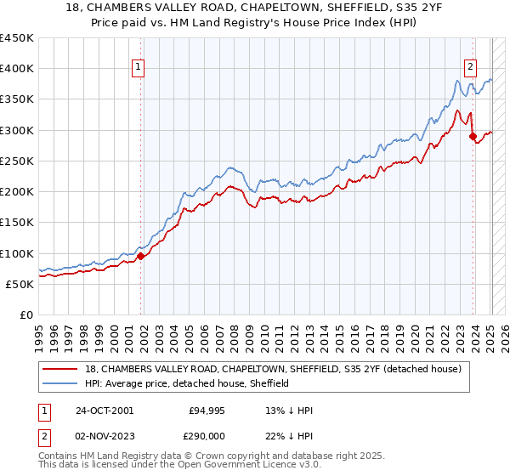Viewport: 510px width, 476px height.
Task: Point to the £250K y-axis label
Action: (16, 161)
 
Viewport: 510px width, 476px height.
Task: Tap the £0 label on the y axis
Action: (25, 315)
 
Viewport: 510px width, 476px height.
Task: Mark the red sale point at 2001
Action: (141, 257)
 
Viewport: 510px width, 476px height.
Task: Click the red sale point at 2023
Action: (473, 135)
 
